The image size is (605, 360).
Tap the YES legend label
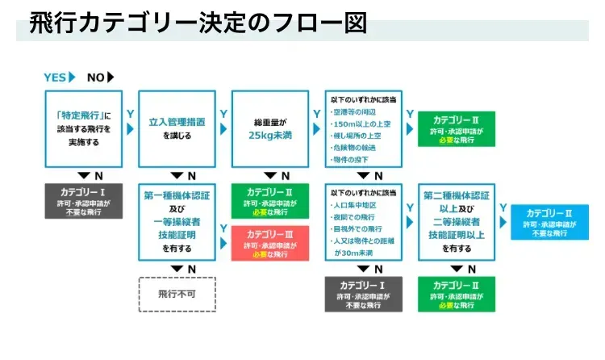click(55, 77)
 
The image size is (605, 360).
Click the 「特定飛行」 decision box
click(84, 129)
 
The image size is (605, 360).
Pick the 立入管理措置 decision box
click(177, 129)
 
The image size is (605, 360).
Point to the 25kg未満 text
click(270, 136)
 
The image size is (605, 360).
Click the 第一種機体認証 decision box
click(177, 221)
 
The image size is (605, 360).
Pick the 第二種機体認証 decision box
click(457, 221)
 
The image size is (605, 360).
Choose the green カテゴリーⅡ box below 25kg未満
click(270, 201)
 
